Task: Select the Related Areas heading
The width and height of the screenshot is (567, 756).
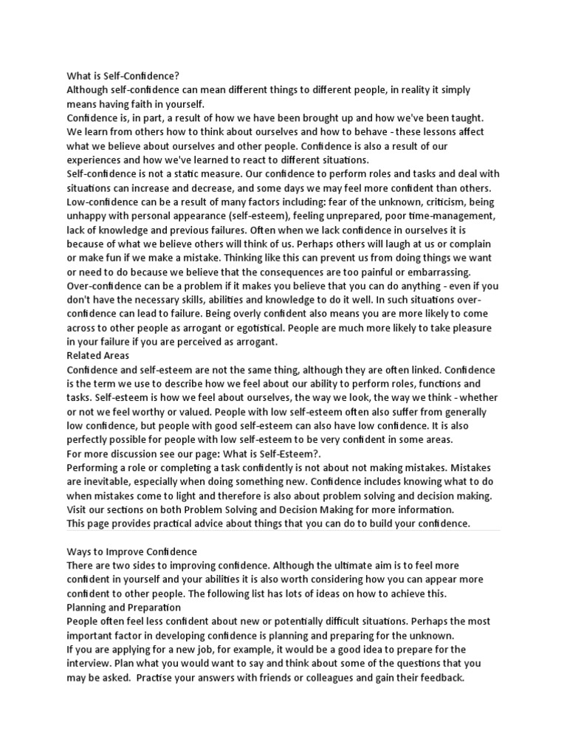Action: [x=98, y=355]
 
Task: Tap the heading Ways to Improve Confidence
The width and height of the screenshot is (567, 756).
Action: [x=132, y=551]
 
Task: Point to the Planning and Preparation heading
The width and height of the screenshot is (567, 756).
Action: [x=123, y=608]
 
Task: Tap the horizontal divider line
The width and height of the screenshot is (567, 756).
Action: [x=283, y=531]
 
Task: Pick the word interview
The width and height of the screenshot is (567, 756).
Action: [x=92, y=664]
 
